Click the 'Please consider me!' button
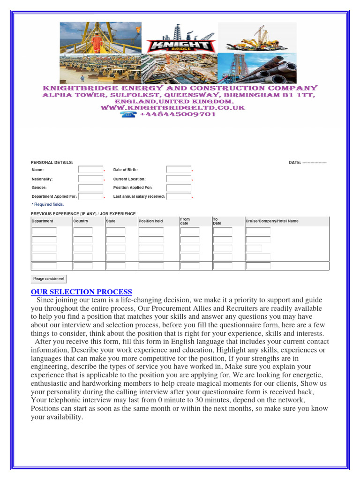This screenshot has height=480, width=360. point(49,279)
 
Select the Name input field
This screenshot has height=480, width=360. point(90,170)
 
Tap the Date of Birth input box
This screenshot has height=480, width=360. point(179,170)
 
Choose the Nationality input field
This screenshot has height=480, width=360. point(90,179)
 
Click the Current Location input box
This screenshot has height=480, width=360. point(179,179)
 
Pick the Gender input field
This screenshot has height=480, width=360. point(90,188)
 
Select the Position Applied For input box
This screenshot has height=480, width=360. point(179,188)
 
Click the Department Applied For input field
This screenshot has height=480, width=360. point(90,197)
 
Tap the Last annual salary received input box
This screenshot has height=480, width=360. point(179,197)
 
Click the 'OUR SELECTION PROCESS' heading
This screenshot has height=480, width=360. point(82,292)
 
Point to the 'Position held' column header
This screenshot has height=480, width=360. point(151,221)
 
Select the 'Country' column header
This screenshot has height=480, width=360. point(81,221)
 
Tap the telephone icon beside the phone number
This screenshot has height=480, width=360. point(128,114)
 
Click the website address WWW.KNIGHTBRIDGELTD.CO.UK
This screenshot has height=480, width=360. point(173,108)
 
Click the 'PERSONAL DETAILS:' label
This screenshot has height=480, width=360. point(52,162)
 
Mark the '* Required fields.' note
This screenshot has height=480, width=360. point(47,204)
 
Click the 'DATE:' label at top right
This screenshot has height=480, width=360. point(295,162)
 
